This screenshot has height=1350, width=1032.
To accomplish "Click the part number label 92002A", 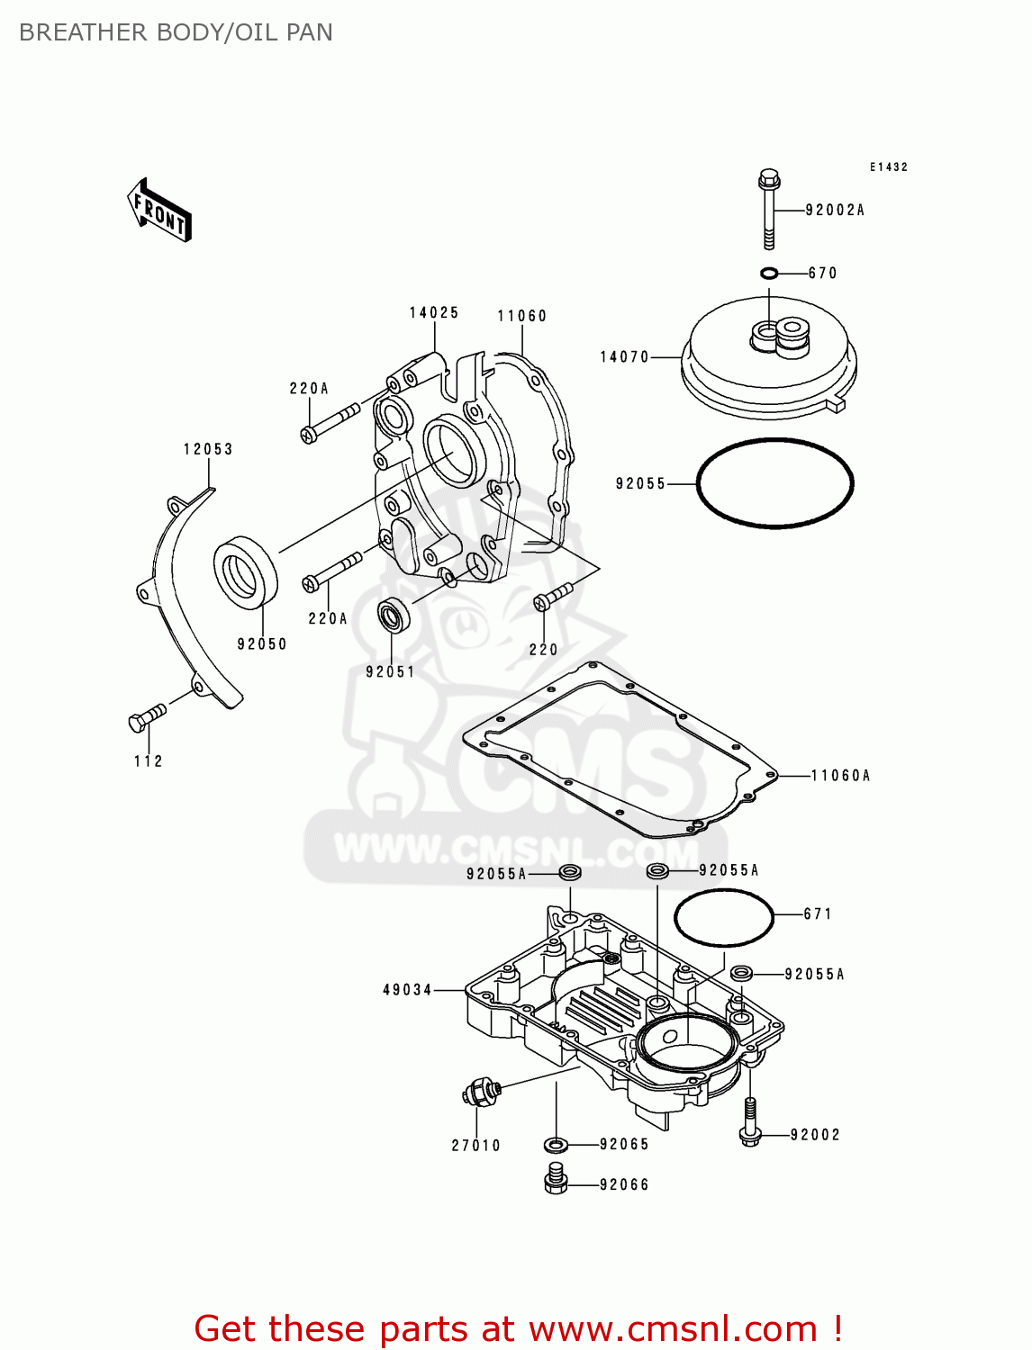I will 834,210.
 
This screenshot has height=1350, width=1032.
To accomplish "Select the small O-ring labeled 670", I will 768,273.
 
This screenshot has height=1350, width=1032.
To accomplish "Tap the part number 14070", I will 624,357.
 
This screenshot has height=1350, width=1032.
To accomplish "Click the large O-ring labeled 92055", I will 774,483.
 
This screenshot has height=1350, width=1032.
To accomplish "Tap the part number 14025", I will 434,312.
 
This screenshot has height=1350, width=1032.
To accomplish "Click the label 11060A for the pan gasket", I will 840,775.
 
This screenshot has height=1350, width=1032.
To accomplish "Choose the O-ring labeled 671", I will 723,917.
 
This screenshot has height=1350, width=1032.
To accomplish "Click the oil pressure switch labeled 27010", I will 479,1093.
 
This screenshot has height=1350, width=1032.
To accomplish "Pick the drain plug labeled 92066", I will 556,1179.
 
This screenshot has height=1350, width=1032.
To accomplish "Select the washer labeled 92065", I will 556,1144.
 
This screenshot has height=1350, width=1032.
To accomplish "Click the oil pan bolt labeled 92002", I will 749,1123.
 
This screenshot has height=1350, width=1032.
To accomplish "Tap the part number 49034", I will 408,990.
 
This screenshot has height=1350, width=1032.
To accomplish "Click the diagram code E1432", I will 888,167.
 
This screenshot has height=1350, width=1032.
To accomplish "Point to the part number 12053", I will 208,449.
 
